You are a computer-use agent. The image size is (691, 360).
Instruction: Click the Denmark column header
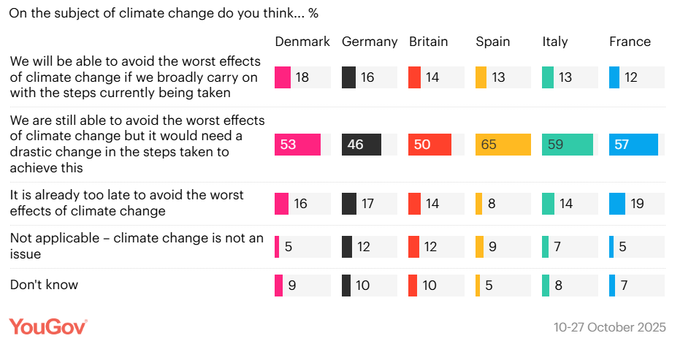(x=302, y=42)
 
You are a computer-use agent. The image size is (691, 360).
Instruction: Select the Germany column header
(x=370, y=42)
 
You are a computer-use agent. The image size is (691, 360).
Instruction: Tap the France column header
(x=630, y=42)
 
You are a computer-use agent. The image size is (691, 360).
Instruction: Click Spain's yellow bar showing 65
(x=503, y=145)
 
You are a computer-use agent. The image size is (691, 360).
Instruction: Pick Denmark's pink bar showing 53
(x=297, y=145)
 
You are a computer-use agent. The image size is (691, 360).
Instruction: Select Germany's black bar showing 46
(x=362, y=145)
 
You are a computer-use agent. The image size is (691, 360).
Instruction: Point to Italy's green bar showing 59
(x=568, y=145)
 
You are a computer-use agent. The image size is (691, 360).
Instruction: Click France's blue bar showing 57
(x=633, y=145)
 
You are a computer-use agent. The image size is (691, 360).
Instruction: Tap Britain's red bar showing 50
(x=430, y=145)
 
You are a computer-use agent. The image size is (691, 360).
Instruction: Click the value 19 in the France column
(x=637, y=204)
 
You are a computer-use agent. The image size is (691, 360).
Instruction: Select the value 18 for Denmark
(x=302, y=77)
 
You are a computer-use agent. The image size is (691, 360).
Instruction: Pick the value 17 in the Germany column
(x=367, y=204)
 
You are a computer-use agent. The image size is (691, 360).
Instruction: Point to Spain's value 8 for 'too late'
(x=492, y=204)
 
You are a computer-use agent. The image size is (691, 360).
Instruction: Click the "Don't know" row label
(x=44, y=285)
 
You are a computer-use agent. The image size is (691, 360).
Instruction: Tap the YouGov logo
(x=48, y=326)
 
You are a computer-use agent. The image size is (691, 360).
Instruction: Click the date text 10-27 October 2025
(x=609, y=327)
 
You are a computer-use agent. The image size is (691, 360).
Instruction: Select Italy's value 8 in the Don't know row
(x=558, y=286)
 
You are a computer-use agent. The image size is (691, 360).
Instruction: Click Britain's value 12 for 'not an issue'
(x=430, y=247)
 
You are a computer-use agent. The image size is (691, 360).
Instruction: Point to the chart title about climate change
(x=164, y=13)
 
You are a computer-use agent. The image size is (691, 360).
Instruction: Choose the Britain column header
(x=429, y=42)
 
